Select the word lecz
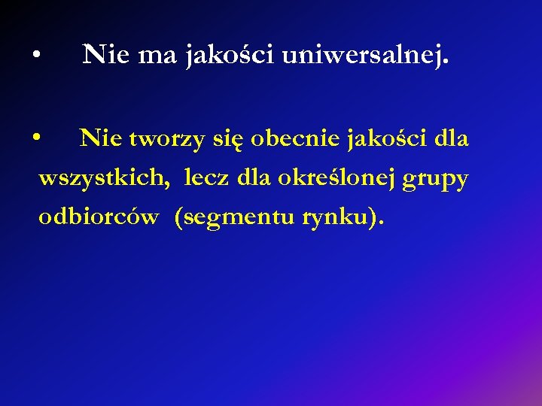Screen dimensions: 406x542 [x=207, y=178]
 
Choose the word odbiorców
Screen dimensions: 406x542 [x=99, y=218]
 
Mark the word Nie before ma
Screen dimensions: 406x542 [x=105, y=54]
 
